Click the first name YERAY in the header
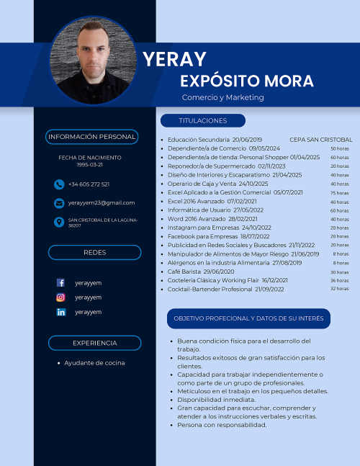point(174,59)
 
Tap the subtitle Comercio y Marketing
point(222,97)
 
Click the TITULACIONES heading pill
point(202,120)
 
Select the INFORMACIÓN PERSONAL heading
point(91,137)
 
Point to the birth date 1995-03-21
point(89,165)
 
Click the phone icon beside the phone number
point(59,184)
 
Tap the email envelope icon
point(59,203)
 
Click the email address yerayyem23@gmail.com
point(102,203)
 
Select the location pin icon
point(59,222)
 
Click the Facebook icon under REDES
point(60,283)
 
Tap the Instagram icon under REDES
point(60,297)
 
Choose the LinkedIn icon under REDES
point(60,312)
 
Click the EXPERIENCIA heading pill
point(94,343)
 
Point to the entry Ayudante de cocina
point(94,363)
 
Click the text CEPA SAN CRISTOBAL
point(321,139)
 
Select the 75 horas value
point(340,193)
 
